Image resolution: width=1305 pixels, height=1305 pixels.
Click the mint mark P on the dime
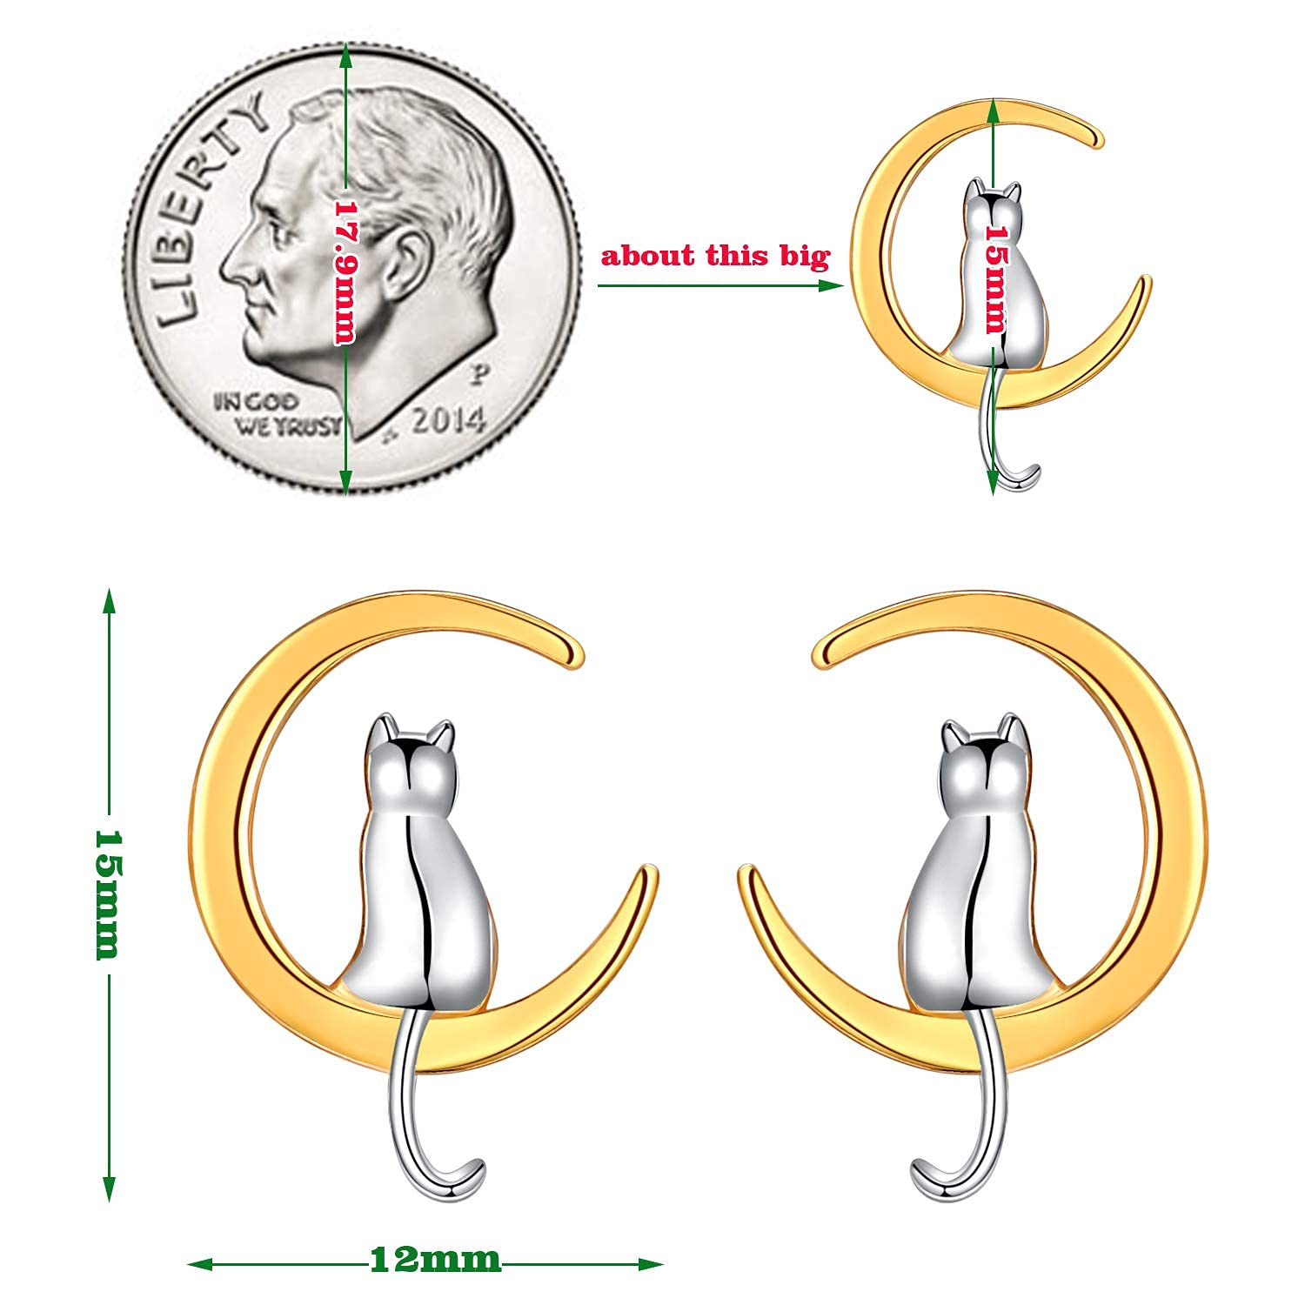(478, 376)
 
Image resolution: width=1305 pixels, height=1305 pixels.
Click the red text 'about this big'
(715, 257)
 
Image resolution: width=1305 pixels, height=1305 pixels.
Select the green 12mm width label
(436, 1259)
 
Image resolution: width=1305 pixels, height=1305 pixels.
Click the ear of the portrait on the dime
(405, 261)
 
